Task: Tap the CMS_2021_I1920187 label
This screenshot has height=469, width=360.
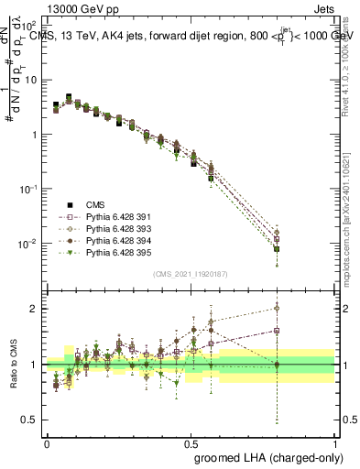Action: click(191, 274)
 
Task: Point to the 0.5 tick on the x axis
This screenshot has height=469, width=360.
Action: click(190, 442)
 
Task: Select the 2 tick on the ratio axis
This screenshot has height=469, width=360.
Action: click(34, 309)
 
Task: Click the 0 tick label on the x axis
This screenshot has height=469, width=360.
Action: click(46, 442)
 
